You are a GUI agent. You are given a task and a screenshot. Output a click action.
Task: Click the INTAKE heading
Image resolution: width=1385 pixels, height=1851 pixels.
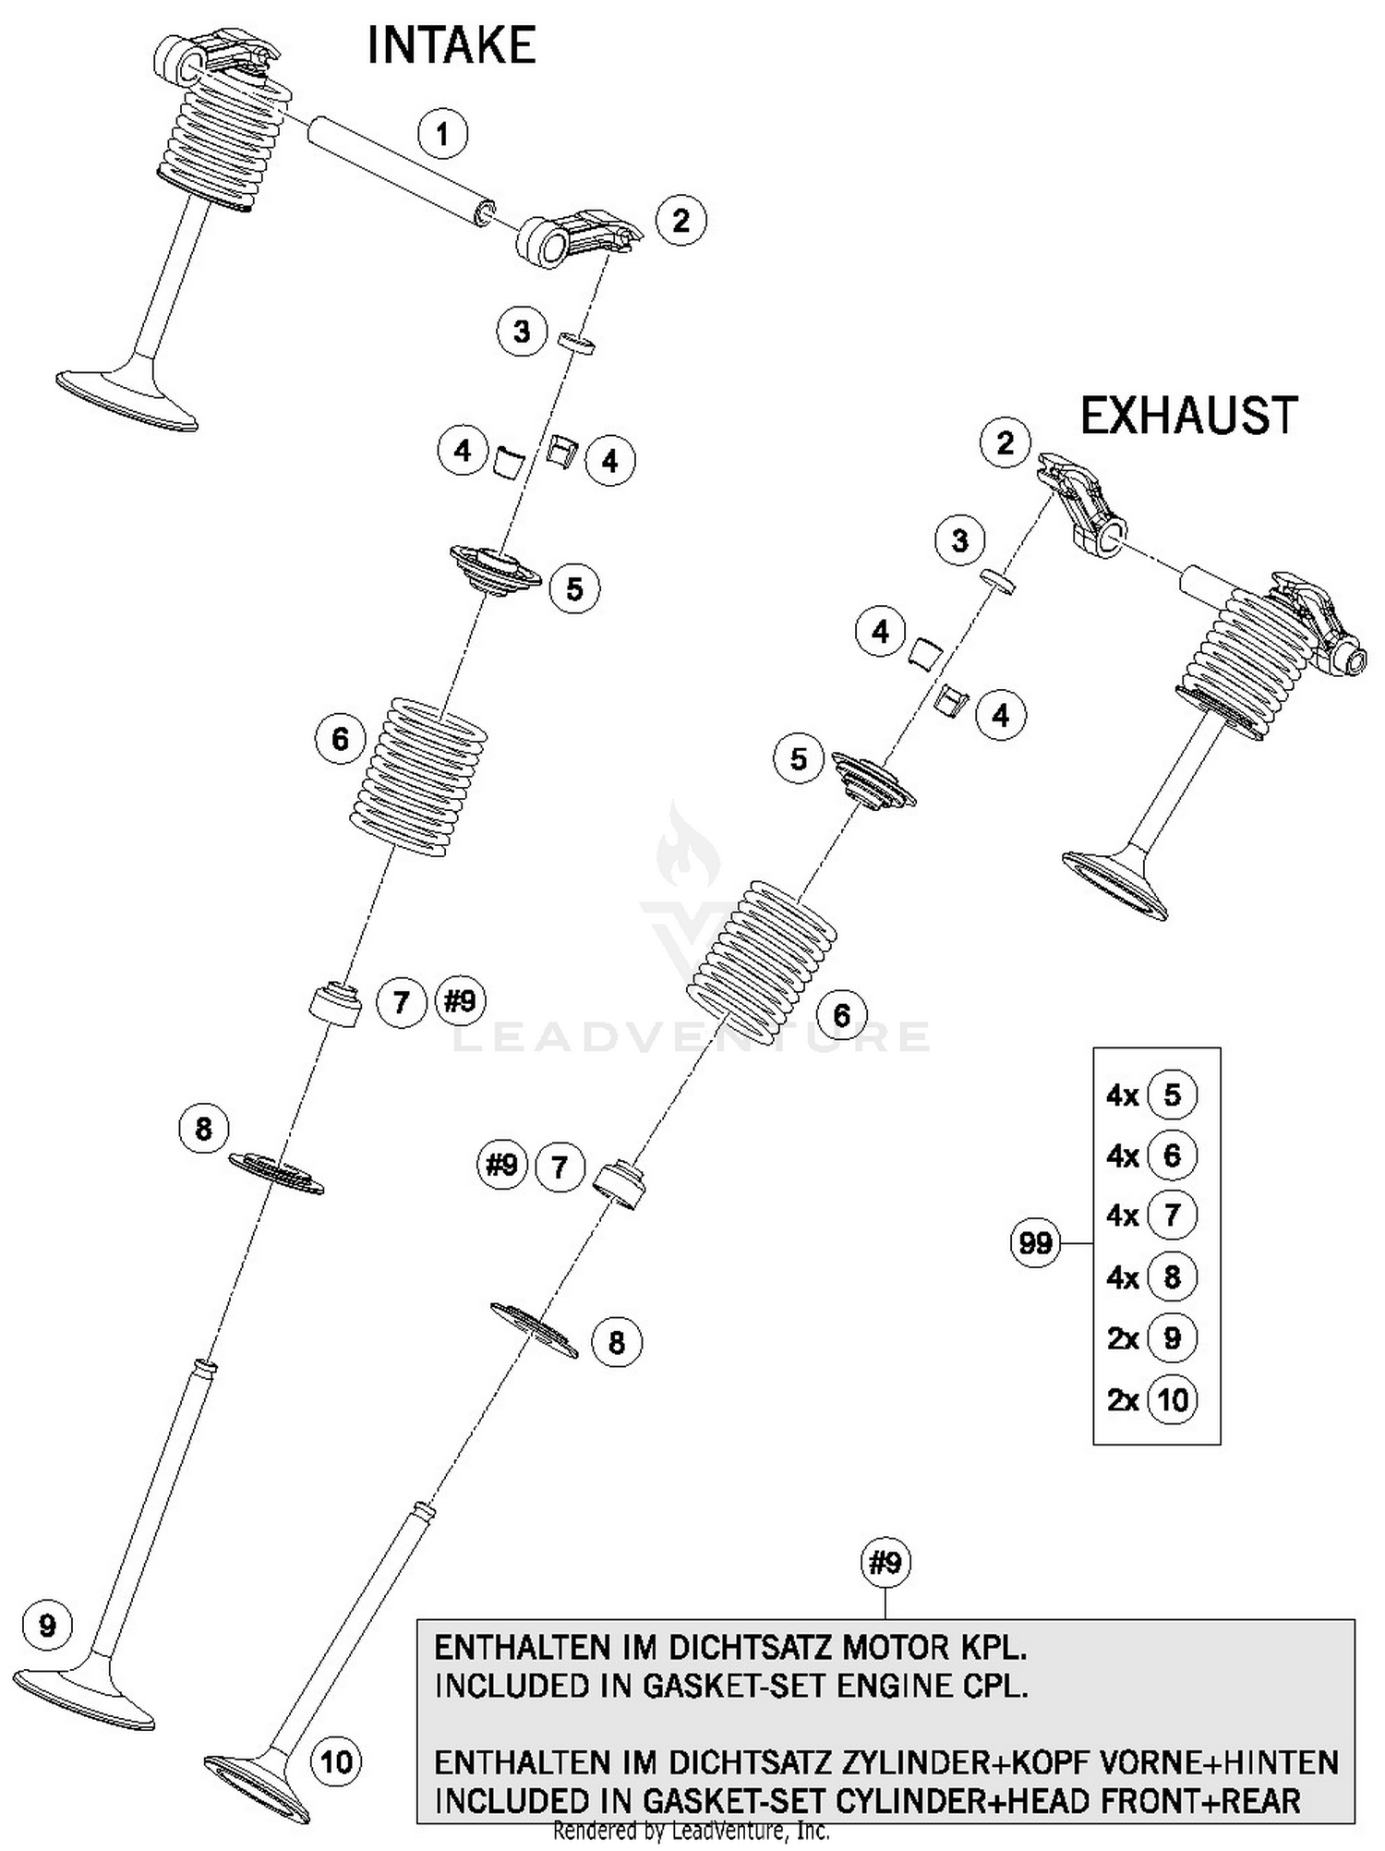pos(451,46)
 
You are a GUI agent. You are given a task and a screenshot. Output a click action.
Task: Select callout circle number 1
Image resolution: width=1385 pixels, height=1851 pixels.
pos(442,134)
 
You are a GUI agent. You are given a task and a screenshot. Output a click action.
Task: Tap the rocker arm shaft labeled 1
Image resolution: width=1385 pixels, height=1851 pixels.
pos(402,166)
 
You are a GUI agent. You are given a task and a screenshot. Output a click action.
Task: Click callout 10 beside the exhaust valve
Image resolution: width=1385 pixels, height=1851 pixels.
pos(336,1762)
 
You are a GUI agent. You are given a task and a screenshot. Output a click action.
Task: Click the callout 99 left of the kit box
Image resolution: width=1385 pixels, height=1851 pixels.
pos(1035,1243)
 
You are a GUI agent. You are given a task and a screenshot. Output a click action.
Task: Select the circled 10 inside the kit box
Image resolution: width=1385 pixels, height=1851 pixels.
pos(1172,1400)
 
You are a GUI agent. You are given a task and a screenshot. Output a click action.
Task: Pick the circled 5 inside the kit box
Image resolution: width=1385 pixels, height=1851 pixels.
pos(1172,1095)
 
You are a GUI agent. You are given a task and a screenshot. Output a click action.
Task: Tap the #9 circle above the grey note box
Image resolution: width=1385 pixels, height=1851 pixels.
pos(885,1563)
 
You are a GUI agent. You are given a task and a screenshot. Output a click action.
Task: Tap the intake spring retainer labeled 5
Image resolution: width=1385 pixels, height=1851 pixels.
pos(495,572)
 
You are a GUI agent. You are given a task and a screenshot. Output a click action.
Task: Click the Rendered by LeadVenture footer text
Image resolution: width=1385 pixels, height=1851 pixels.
pos(691,1831)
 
